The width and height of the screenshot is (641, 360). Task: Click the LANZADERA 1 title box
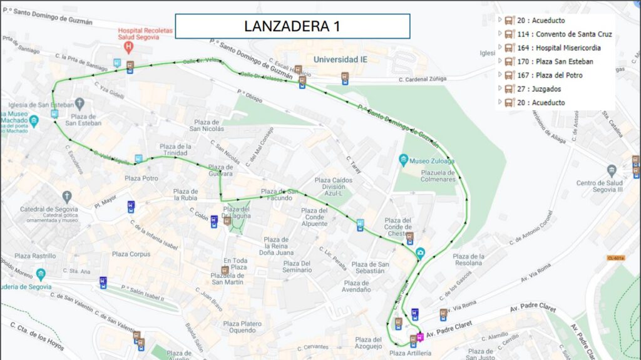[292, 26]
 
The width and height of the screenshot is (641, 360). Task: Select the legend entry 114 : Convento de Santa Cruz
[564, 34]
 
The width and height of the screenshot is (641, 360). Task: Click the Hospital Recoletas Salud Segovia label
[146, 34]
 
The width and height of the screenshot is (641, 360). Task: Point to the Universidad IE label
[340, 59]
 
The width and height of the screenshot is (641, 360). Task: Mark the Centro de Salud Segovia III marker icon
[611, 170]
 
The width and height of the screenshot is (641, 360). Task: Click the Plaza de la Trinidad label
[175, 150]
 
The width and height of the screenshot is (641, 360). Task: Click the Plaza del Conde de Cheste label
[397, 227]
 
